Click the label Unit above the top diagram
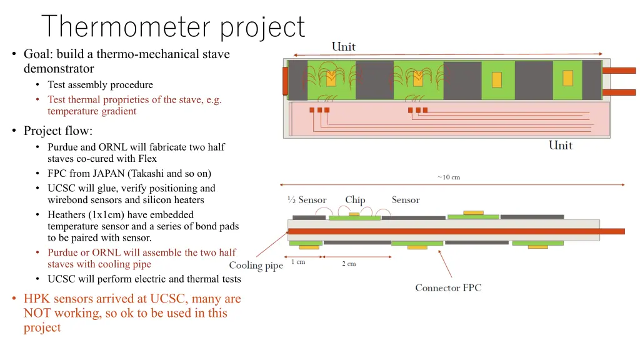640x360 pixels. pyautogui.click(x=344, y=47)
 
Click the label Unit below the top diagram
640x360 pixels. pyautogui.click(x=561, y=146)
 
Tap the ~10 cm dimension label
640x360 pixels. pyautogui.click(x=449, y=177)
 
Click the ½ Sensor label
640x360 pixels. pyautogui.click(x=307, y=200)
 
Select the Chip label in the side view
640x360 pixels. pyautogui.click(x=355, y=200)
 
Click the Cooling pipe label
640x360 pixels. pyautogui.click(x=256, y=266)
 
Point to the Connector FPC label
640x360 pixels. pyautogui.click(x=448, y=288)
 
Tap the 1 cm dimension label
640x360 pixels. pyautogui.click(x=298, y=262)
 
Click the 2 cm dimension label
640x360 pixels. pyautogui.click(x=349, y=264)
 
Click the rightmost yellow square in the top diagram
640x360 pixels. pyautogui.click(x=567, y=78)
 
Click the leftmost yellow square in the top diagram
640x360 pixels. pyautogui.click(x=331, y=79)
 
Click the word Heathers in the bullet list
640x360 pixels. pyautogui.click(x=67, y=214)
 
